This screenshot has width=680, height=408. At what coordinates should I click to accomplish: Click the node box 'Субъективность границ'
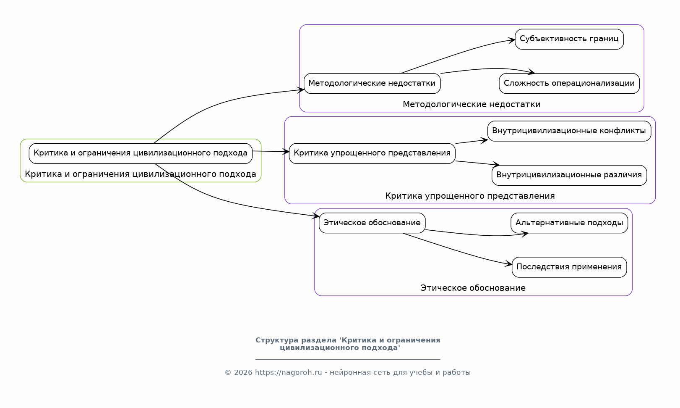[x=569, y=39]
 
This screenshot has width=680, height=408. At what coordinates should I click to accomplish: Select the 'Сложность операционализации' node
[x=569, y=83]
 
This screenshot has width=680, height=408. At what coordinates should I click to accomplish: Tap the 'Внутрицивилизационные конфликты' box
[x=569, y=131]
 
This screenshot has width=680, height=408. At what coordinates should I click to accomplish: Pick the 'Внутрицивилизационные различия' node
[x=569, y=175]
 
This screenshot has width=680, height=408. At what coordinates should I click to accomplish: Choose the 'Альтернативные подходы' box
[x=569, y=223]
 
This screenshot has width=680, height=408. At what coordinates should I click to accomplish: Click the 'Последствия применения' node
[x=569, y=267]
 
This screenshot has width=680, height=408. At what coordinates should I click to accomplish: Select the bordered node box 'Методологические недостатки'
[x=372, y=83]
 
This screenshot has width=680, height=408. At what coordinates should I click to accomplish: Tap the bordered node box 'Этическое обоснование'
[x=372, y=223]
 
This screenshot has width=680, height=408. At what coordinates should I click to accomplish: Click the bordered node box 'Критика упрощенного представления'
[x=372, y=153]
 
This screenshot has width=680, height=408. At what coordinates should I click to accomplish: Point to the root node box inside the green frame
[x=140, y=153]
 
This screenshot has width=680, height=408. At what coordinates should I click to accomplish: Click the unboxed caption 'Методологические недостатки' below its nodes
[x=471, y=104]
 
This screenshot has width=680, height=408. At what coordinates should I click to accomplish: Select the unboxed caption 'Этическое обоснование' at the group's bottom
[x=473, y=288]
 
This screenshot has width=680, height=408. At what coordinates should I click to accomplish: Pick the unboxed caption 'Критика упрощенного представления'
[x=469, y=196]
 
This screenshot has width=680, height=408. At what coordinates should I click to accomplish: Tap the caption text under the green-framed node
[x=140, y=174]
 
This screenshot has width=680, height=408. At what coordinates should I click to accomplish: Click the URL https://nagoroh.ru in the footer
[x=288, y=372]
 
